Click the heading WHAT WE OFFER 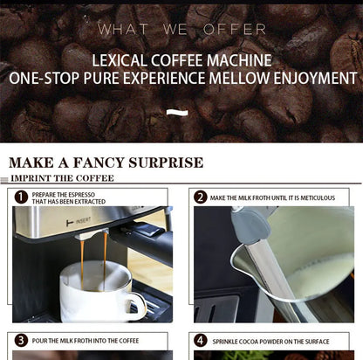click(x=181, y=30)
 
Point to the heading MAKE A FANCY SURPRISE click(x=106, y=163)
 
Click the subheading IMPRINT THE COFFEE click(x=62, y=178)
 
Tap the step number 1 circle click(x=21, y=197)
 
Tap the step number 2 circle click(x=200, y=197)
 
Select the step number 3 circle click(x=21, y=340)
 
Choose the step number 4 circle click(x=200, y=340)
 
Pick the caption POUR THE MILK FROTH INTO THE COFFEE click(x=86, y=340)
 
